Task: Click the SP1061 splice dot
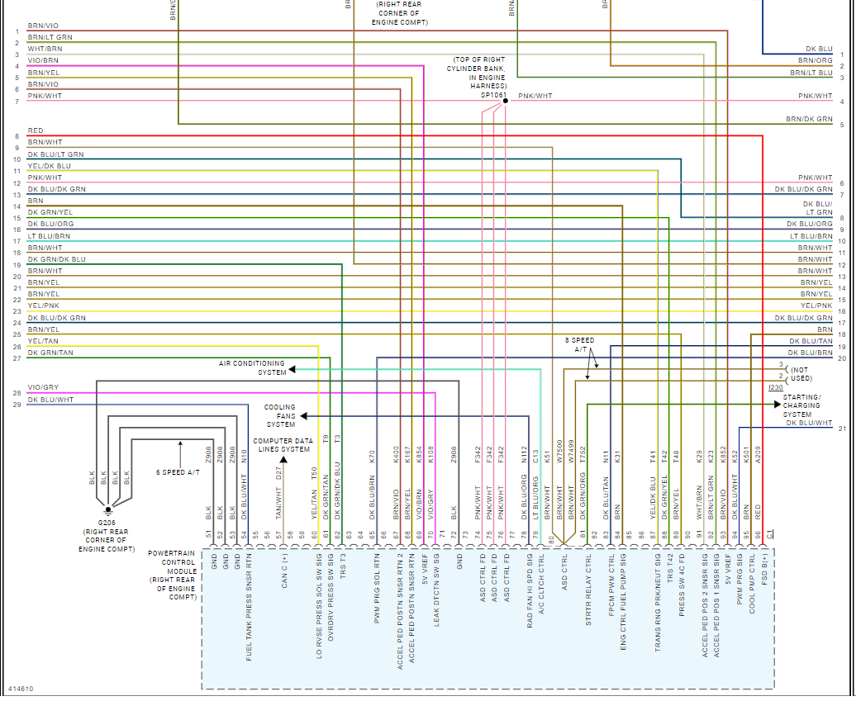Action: [x=506, y=101]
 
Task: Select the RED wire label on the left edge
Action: [x=36, y=130]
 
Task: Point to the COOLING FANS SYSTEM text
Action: [x=280, y=415]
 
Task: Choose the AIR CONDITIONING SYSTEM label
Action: [x=252, y=367]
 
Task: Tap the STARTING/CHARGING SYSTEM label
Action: [x=801, y=405]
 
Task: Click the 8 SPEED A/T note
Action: [x=579, y=344]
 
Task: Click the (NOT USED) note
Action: [x=801, y=374]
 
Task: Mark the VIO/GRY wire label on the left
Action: [x=43, y=387]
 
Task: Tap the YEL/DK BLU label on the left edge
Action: [x=49, y=166]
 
